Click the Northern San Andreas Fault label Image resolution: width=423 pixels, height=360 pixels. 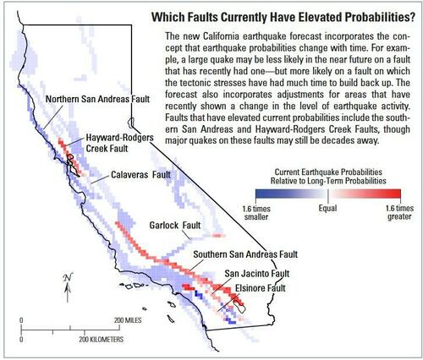click(97, 99)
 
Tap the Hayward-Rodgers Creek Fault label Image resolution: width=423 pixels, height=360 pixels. click(119, 143)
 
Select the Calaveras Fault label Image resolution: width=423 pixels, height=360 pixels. click(140, 175)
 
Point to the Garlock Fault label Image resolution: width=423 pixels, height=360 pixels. click(175, 226)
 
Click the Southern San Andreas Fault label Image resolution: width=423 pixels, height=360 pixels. click(245, 254)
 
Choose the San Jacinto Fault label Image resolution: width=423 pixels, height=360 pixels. click(257, 274)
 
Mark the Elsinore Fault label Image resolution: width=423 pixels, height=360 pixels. click(261, 288)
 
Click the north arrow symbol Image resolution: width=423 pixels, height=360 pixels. click(68, 287)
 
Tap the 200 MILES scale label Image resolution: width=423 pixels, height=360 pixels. click(128, 320)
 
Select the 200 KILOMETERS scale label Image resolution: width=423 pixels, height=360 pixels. click(102, 340)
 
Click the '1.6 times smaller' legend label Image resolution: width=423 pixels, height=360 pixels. click(256, 213)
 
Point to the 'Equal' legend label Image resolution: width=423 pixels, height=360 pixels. click(327, 209)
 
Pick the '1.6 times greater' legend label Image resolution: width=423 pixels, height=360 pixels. click(399, 213)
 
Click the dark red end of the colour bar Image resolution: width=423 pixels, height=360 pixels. click(398, 194)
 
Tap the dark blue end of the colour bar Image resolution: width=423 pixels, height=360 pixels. click(260, 194)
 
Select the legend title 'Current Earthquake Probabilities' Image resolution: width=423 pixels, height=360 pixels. click(328, 172)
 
